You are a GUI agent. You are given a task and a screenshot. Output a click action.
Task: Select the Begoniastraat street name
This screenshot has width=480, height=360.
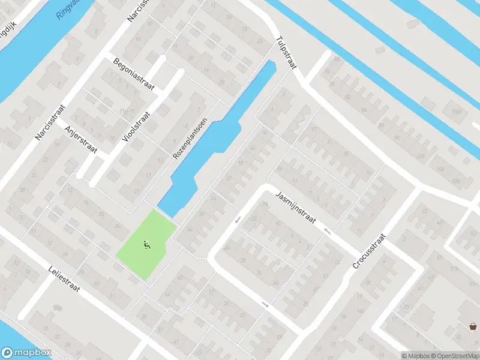134,75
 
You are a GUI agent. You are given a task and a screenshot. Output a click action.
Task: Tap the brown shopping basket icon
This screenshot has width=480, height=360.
473,326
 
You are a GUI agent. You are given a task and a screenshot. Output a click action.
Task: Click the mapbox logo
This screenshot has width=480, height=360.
26,353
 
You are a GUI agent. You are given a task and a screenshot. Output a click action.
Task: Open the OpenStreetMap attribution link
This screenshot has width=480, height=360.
454,355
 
